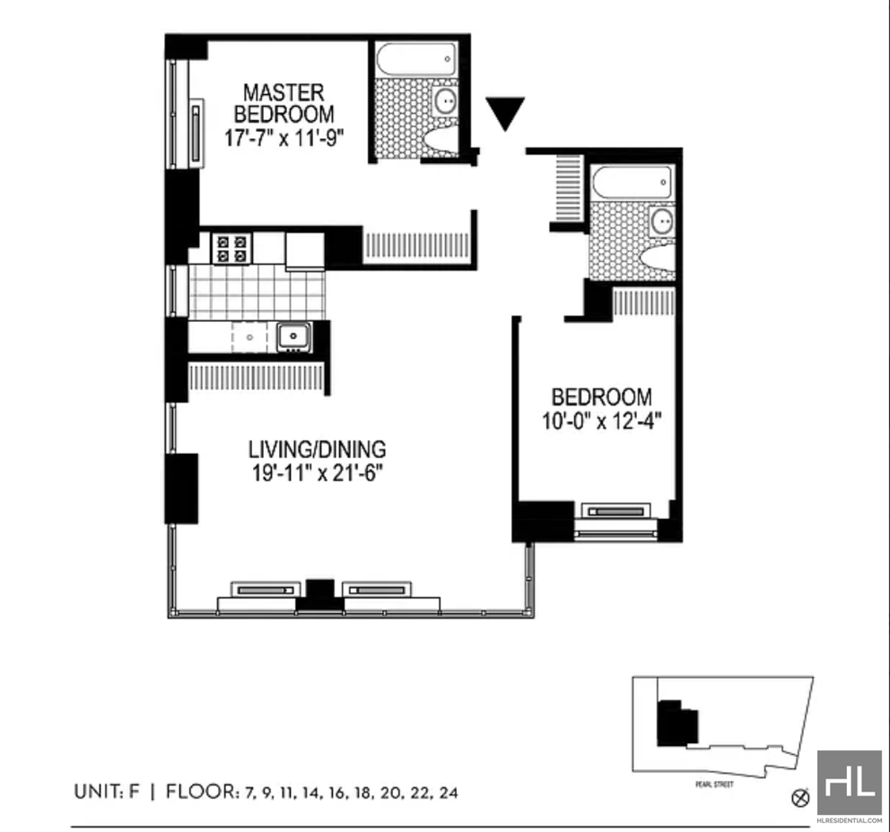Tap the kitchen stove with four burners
click(x=231, y=249)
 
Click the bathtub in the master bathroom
click(x=416, y=59)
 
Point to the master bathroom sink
click(x=445, y=101)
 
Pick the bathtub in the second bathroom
click(x=632, y=182)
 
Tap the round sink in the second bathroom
click(x=662, y=222)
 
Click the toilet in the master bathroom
click(x=441, y=141)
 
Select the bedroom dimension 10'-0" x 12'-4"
click(x=601, y=421)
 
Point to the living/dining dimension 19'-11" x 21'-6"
click(x=317, y=473)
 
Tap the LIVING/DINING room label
click(x=317, y=449)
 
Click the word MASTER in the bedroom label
click(x=283, y=93)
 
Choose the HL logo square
click(x=849, y=782)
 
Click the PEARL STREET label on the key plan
click(x=714, y=785)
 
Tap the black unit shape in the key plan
click(x=677, y=724)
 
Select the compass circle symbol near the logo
click(x=800, y=799)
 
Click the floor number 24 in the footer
click(x=449, y=793)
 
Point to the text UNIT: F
click(x=107, y=792)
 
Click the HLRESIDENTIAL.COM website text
click(x=849, y=820)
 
